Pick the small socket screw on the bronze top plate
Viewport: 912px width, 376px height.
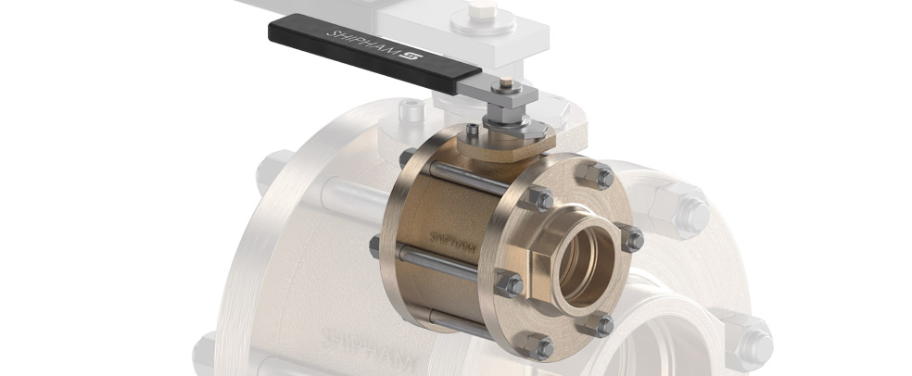click(x=473, y=132)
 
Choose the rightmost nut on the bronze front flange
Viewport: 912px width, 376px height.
click(x=632, y=239)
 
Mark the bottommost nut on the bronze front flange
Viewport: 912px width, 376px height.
click(x=538, y=345)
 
